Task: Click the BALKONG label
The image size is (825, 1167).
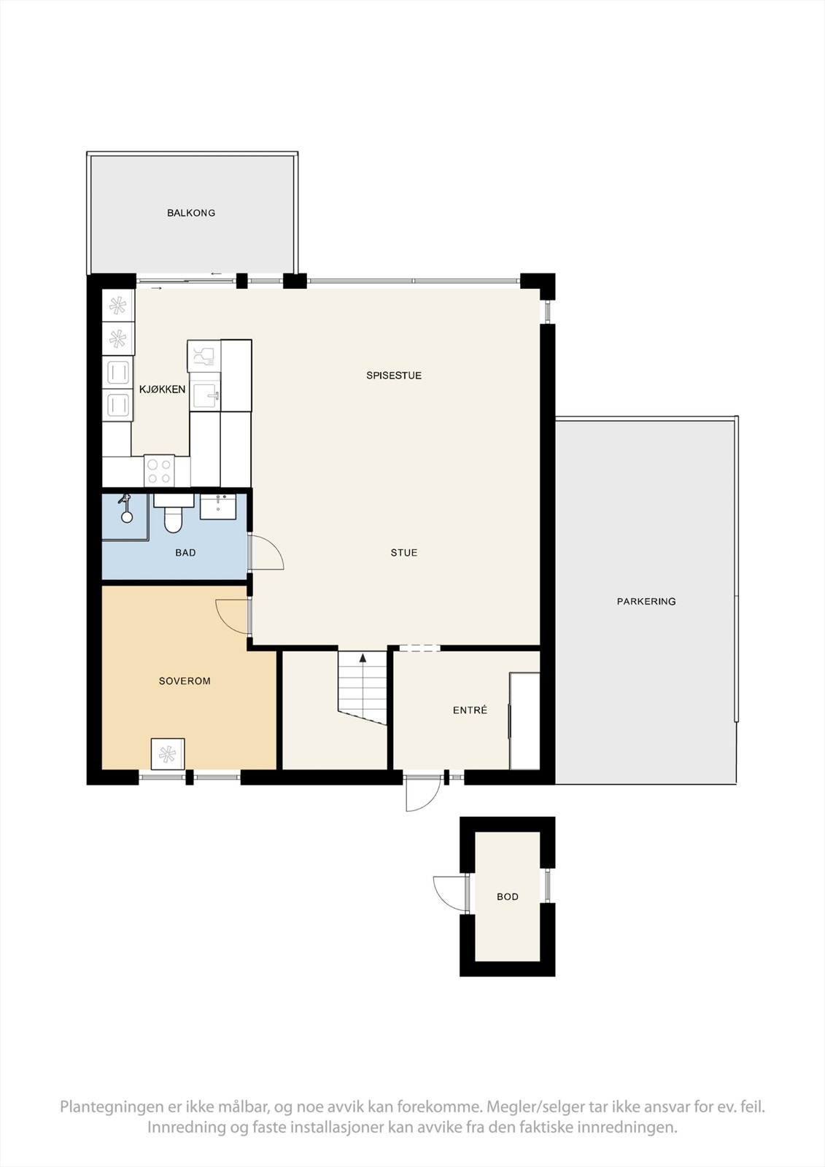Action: [x=190, y=212]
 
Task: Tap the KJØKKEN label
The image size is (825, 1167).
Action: [x=162, y=389]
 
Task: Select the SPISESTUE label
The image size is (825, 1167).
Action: [x=393, y=375]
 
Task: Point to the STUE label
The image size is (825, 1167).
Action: [x=404, y=552]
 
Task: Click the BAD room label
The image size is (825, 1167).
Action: [x=185, y=552]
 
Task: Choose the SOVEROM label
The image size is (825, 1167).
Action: [x=185, y=681]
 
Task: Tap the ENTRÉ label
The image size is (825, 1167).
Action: [x=470, y=710]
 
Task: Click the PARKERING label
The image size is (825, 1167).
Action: [x=646, y=601]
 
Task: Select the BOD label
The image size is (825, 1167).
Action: [x=508, y=896]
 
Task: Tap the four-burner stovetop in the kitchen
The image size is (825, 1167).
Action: [x=160, y=471]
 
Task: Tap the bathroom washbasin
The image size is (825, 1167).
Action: [x=218, y=506]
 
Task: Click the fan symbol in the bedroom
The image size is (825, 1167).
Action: [x=167, y=754]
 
